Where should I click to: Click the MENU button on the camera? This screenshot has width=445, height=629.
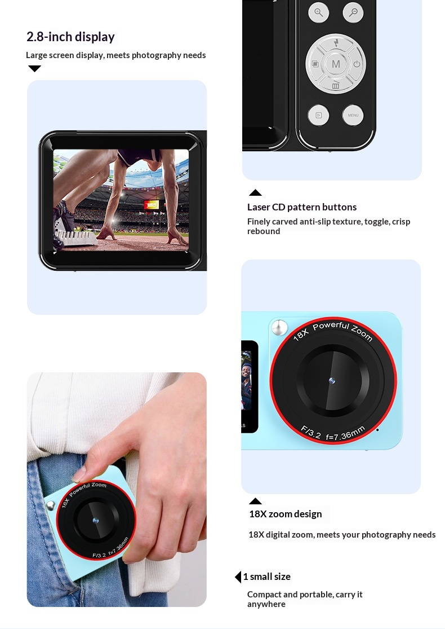coord(353,115)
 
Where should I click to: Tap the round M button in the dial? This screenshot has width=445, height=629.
coord(336,64)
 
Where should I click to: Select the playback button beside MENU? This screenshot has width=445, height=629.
coord(318,115)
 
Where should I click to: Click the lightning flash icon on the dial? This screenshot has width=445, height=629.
coord(336,42)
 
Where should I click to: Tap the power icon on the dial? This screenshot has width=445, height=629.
coord(357,64)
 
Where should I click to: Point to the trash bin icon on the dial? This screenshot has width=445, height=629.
coord(336,85)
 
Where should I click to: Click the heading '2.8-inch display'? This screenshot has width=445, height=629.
coord(70,37)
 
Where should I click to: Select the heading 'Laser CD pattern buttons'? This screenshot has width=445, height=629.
coord(301,207)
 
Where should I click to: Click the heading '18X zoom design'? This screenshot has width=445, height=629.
coord(286,514)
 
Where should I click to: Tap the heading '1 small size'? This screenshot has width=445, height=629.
coord(267,577)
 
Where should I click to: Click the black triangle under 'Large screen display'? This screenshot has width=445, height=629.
coord(34,69)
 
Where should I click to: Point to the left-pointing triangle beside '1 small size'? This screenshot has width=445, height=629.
coord(238,577)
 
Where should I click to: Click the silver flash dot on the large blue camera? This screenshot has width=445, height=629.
coord(279,328)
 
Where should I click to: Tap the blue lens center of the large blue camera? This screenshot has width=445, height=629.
coord(332,381)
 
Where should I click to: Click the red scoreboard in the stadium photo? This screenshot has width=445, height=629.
coord(152,205)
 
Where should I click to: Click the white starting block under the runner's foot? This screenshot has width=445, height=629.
coord(76,237)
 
